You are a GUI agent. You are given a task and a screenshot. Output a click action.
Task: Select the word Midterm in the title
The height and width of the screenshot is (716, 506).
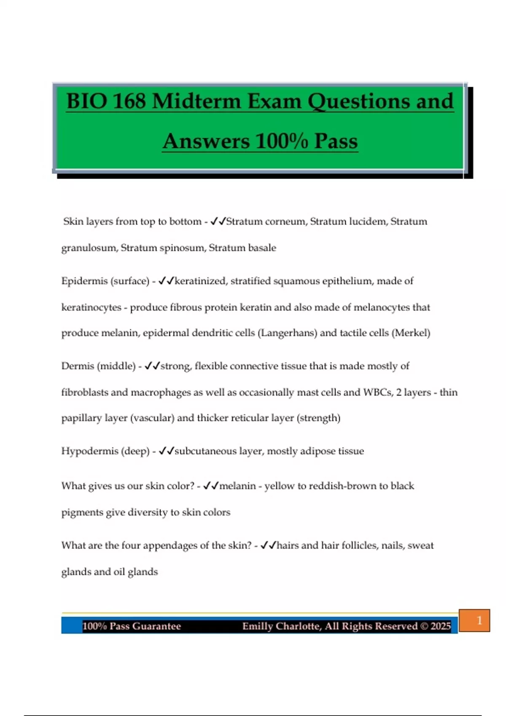196,102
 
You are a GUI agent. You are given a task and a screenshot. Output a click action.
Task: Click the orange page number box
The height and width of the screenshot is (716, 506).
474,620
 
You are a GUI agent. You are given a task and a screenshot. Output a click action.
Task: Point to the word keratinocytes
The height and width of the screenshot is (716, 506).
91,307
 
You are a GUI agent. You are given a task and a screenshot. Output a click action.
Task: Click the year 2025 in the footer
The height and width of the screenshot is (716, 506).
441,626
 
